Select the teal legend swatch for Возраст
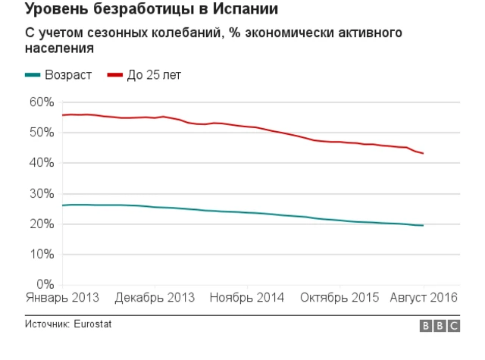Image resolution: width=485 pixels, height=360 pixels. point(33,75)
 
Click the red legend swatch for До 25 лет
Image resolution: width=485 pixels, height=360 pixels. point(115,75)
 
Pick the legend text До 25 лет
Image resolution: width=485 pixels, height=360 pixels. point(154,75)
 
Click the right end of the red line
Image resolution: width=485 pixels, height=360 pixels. point(423,154)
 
